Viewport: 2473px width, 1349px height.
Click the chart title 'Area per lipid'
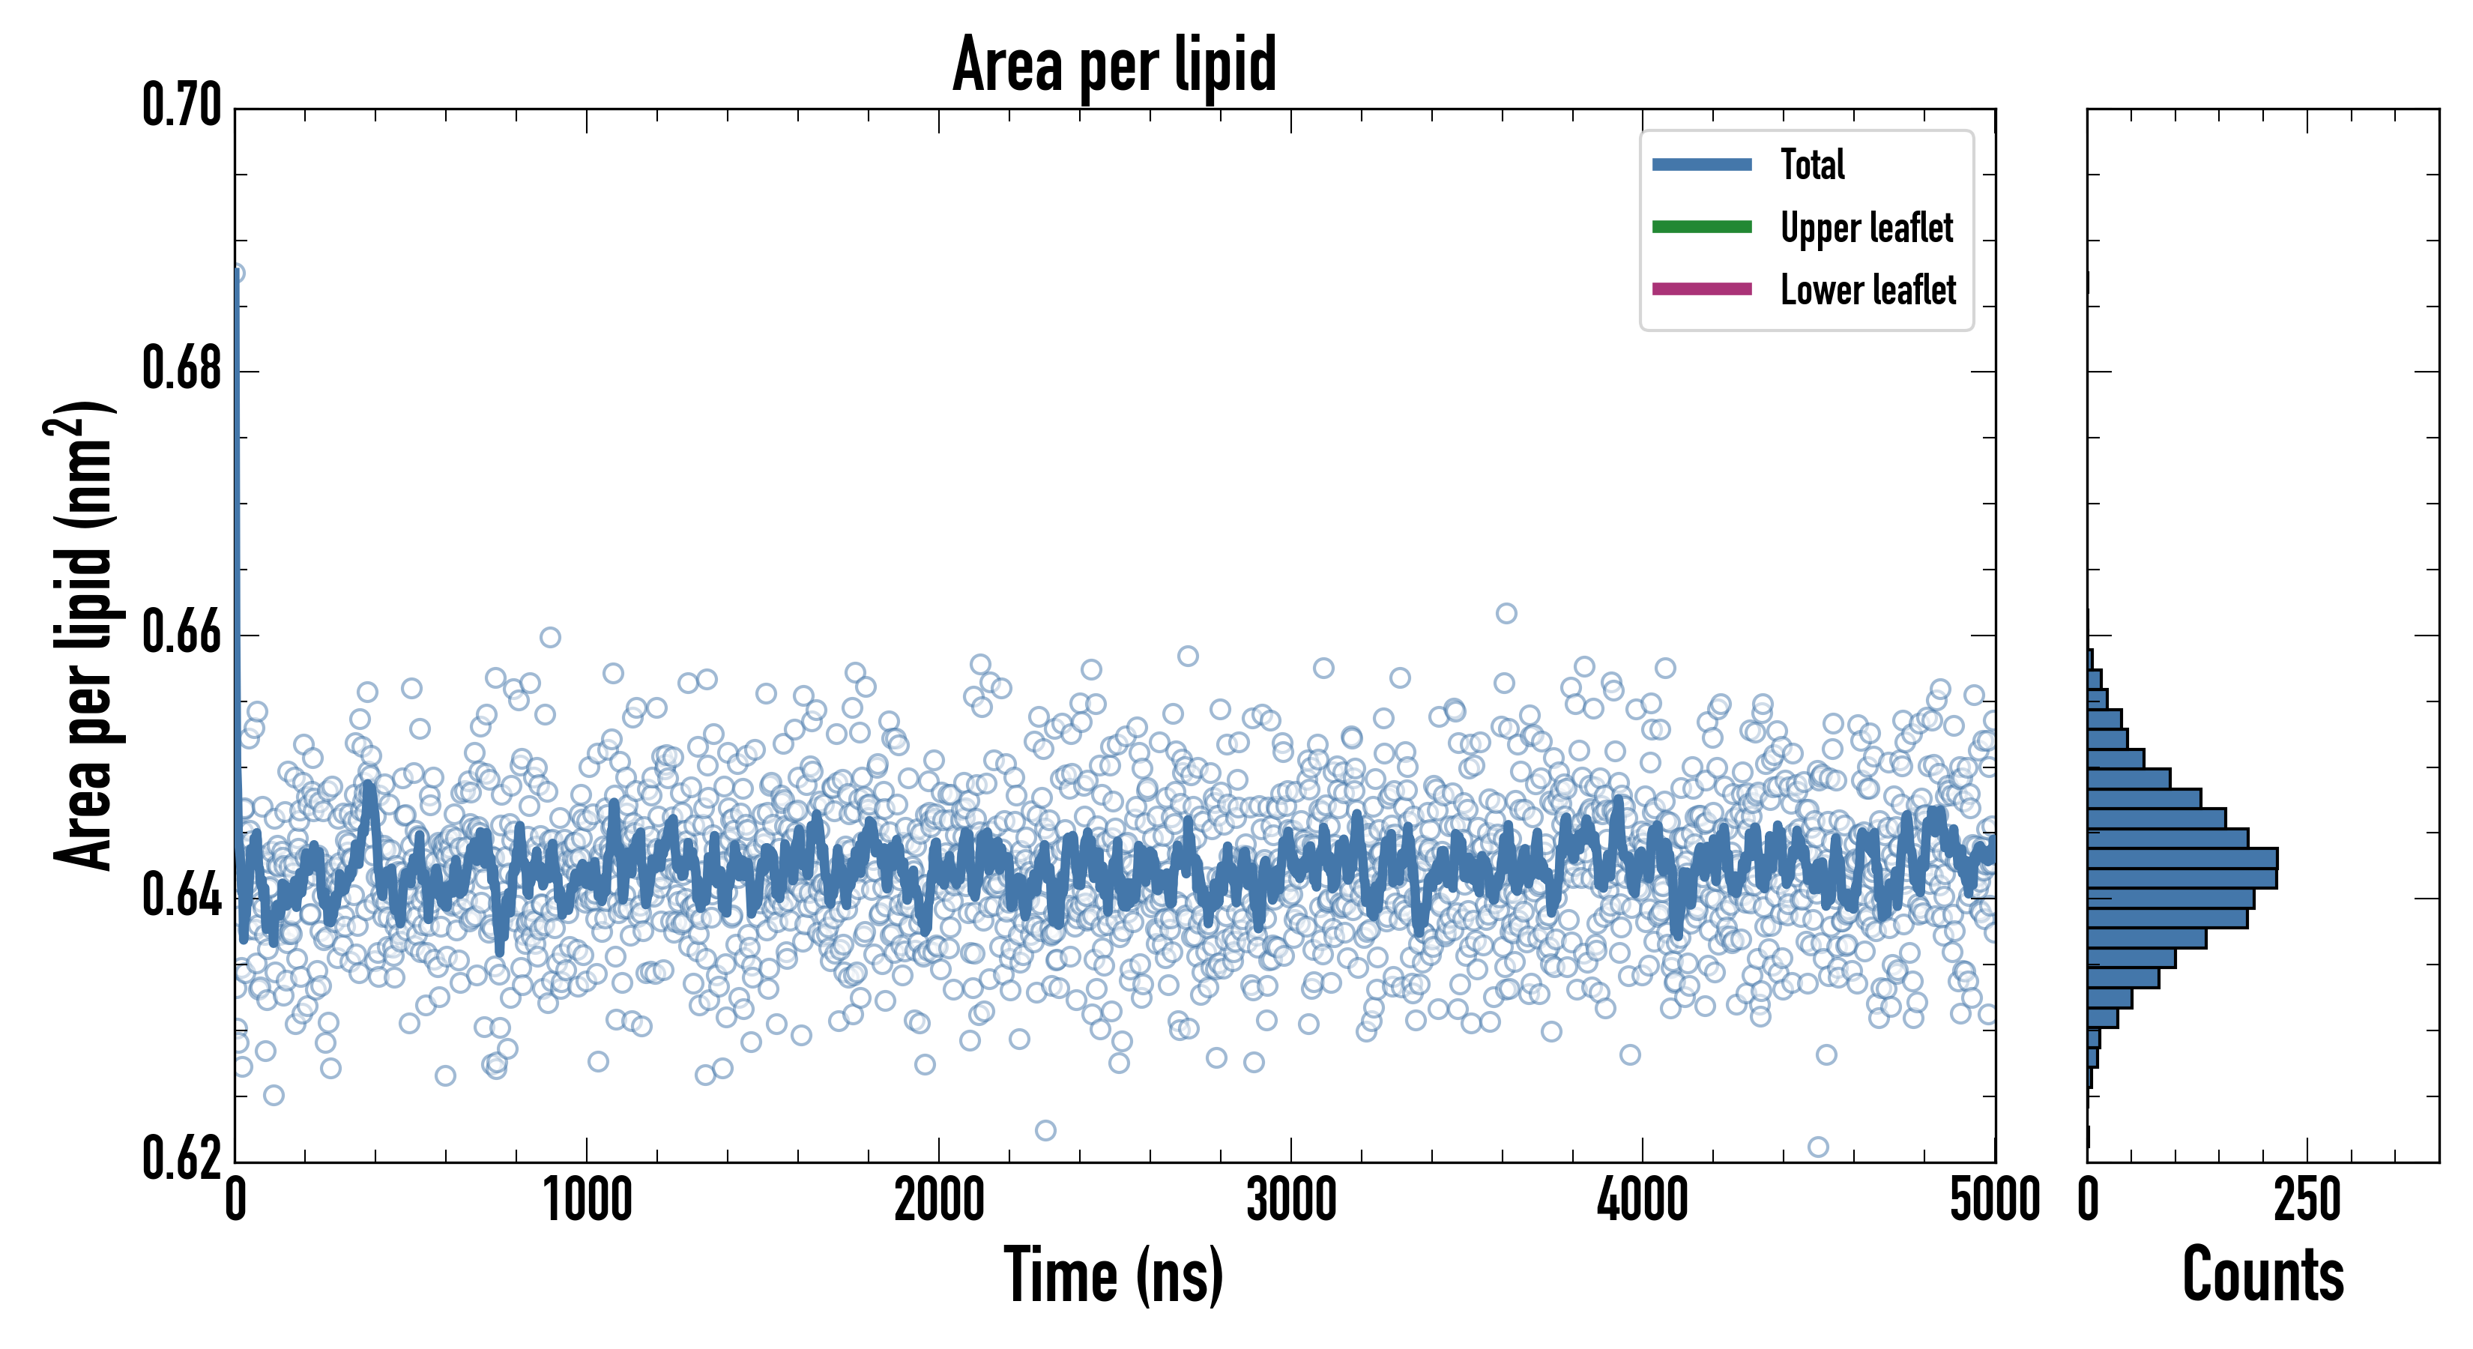tap(1114, 64)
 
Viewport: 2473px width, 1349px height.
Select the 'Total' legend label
tap(1813, 164)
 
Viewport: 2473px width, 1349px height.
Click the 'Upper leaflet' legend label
tap(1866, 228)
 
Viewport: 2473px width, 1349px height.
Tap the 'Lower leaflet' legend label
tap(1867, 289)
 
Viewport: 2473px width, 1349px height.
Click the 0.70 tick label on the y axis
tap(181, 106)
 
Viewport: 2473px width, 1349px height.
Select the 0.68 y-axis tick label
tap(181, 369)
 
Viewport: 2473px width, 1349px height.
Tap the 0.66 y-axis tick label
tap(181, 634)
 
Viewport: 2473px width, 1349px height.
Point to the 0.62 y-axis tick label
tap(181, 1160)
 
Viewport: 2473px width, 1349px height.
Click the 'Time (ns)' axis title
tap(1114, 1275)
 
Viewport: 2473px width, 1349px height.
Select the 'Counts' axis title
tap(2262, 1275)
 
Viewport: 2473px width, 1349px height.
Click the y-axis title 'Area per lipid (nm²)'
tap(82, 634)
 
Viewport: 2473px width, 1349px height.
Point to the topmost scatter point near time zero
tap(235, 274)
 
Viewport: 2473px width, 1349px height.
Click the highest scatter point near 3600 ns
tap(1506, 612)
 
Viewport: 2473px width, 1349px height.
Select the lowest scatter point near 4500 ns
tap(1817, 1147)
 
